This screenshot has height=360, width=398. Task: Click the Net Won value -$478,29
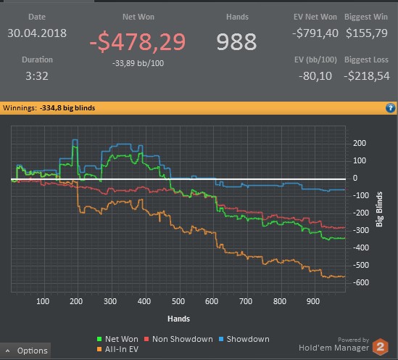point(138,42)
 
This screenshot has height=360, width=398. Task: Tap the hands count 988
point(236,42)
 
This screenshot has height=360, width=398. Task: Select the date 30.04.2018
point(37,33)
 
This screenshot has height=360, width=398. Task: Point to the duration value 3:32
point(37,76)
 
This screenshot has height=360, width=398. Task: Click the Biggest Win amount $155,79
point(367,33)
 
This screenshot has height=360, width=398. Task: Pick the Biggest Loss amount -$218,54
point(367,76)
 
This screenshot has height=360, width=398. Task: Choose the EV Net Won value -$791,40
point(315,33)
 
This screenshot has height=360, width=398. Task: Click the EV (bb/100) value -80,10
point(315,76)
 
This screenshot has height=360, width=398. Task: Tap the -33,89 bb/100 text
point(138,63)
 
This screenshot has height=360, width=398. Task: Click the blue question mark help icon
point(390,108)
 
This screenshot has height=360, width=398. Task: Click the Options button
point(25,351)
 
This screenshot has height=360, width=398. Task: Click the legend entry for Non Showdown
point(178,339)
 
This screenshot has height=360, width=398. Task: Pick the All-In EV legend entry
point(117,349)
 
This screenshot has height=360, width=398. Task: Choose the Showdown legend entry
point(244,339)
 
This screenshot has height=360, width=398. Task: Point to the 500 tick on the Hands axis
point(178,301)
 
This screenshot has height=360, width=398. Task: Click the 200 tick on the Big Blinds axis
point(360,143)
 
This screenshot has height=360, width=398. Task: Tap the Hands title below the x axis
point(178,319)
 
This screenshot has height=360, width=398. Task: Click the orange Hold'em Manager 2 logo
point(380,347)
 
